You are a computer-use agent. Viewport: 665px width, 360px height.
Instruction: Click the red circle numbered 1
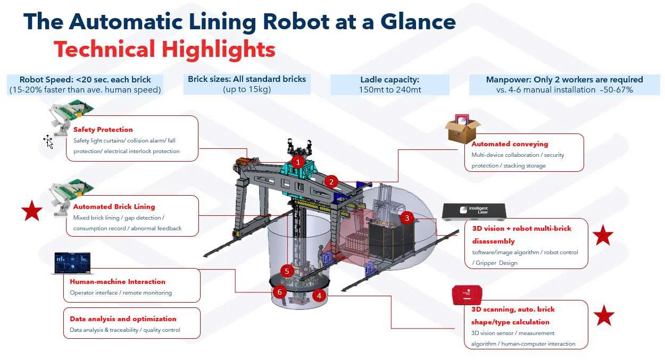click(x=298, y=161)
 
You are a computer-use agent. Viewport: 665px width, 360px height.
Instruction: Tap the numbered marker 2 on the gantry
click(x=331, y=182)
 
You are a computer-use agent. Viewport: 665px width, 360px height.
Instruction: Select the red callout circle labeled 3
click(x=407, y=217)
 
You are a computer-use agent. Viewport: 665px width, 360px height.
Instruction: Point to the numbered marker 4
click(x=319, y=296)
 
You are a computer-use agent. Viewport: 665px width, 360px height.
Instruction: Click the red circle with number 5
click(x=287, y=271)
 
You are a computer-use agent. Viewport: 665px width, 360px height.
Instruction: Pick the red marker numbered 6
click(x=279, y=292)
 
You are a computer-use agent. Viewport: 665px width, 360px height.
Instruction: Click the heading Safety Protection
click(x=103, y=129)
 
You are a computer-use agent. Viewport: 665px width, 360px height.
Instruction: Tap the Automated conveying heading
click(x=510, y=144)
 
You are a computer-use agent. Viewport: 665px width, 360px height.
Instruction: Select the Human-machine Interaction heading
click(x=118, y=281)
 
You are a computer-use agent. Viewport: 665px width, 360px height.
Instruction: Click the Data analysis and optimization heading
click(x=123, y=319)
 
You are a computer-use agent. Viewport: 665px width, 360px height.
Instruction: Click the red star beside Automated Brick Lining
click(x=32, y=211)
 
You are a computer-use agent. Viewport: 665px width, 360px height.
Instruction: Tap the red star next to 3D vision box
click(x=603, y=235)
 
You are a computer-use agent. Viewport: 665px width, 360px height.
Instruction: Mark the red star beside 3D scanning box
click(x=604, y=315)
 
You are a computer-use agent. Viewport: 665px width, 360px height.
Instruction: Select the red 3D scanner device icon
click(x=467, y=295)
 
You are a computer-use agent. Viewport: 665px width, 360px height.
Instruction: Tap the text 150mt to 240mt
click(x=390, y=90)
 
